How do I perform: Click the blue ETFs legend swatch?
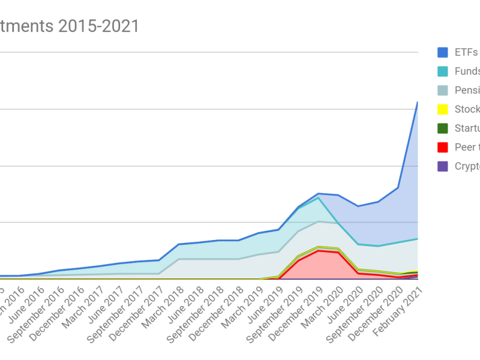[x=443, y=52]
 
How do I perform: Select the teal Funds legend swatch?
[x=443, y=71]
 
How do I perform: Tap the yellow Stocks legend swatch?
[x=443, y=109]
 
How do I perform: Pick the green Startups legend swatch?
[x=443, y=128]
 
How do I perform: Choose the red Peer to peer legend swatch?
[x=443, y=148]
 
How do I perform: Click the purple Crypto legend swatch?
[x=443, y=167]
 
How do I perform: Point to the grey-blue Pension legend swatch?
[x=443, y=91]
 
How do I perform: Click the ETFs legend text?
[x=466, y=52]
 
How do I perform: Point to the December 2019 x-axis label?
[x=298, y=318]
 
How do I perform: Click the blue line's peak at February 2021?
[x=418, y=103]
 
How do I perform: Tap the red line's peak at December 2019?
[x=319, y=250]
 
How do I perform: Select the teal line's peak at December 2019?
[x=319, y=197]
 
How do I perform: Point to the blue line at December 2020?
[x=398, y=188]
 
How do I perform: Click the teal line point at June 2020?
[x=358, y=244]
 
